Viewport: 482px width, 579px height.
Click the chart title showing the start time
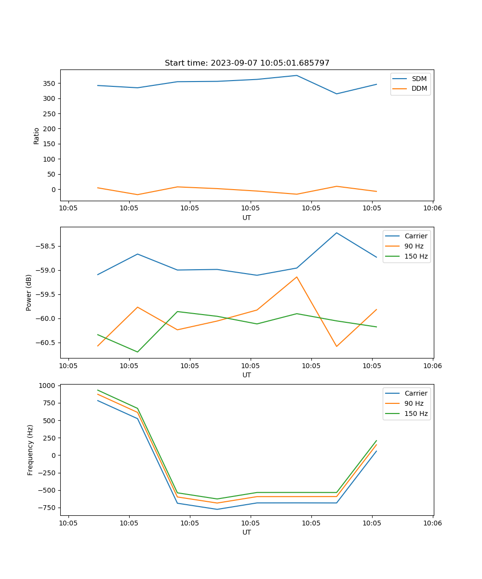[247, 63]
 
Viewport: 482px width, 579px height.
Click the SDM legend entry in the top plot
[419, 79]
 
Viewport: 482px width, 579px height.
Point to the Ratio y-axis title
[37, 136]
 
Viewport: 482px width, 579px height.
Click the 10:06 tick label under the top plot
[432, 208]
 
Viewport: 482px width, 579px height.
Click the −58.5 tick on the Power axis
[46, 246]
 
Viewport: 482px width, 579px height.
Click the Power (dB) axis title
[29, 292]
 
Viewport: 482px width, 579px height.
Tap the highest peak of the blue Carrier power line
[336, 233]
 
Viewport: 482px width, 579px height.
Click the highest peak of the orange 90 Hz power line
[296, 277]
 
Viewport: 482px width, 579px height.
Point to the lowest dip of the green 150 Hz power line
[137, 352]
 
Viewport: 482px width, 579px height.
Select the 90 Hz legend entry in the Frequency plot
[414, 403]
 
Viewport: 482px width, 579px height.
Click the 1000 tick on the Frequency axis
[49, 386]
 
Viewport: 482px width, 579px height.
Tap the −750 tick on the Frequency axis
[47, 508]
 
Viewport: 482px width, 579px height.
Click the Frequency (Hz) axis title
[30, 450]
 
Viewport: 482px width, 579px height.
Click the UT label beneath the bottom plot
[247, 532]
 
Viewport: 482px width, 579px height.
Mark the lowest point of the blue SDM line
[336, 94]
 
